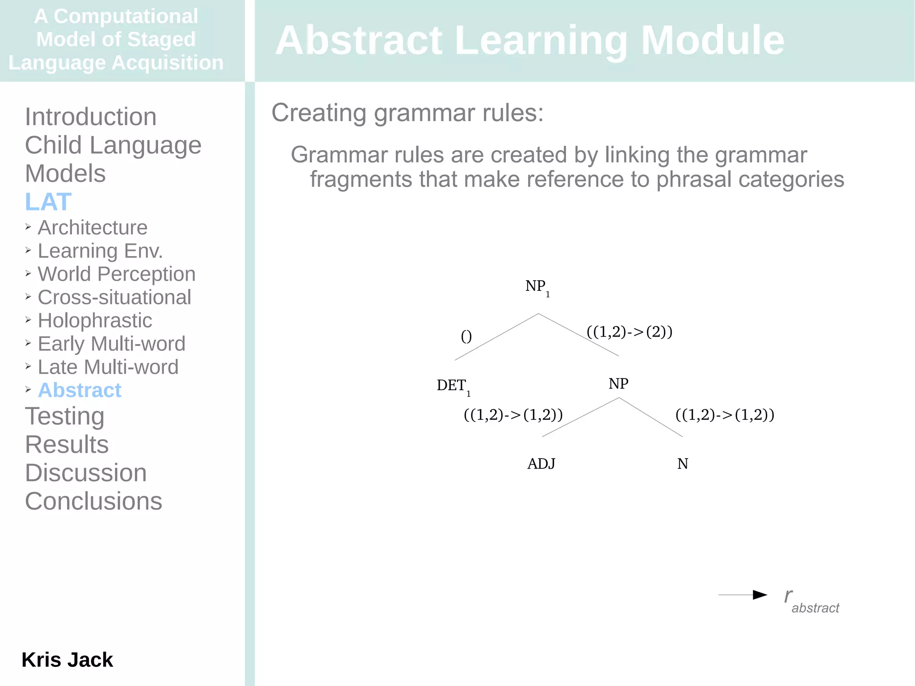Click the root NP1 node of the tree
[x=537, y=287]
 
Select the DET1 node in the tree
[x=453, y=386]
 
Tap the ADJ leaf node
[x=541, y=464]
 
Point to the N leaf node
[x=682, y=464]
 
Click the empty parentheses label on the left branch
[x=466, y=336]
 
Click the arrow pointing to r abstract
[x=743, y=595]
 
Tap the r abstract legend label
[x=811, y=601]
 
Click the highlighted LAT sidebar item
[x=48, y=202]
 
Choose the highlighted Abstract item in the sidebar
[x=80, y=390]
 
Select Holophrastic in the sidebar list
[x=95, y=320]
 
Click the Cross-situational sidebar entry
[x=114, y=297]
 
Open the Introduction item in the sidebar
[x=91, y=117]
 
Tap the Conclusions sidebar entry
[x=93, y=501]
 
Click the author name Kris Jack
[x=67, y=660]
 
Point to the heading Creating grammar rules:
[x=407, y=113]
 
